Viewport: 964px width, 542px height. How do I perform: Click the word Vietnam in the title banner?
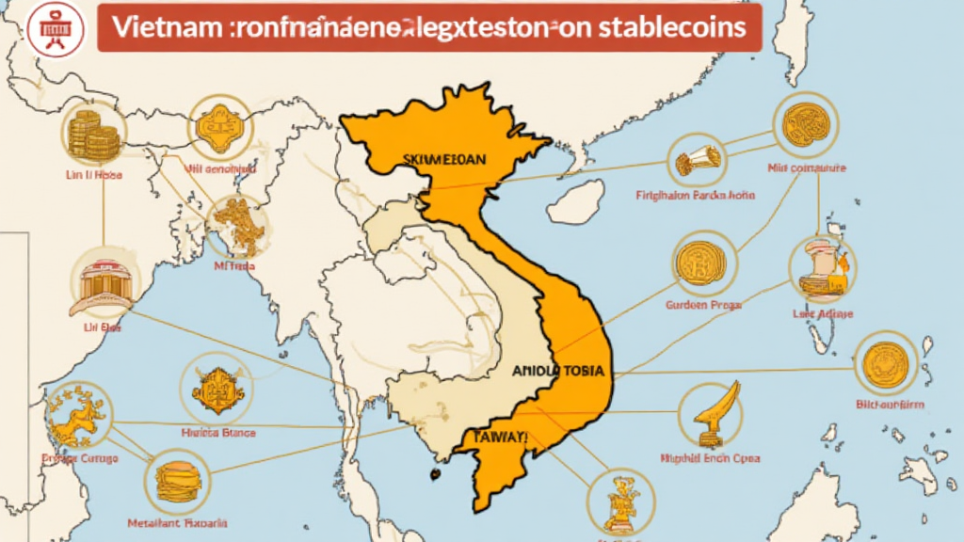click(154, 27)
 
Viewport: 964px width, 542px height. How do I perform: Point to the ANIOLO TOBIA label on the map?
click(562, 372)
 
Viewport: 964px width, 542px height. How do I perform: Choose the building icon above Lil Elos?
click(104, 282)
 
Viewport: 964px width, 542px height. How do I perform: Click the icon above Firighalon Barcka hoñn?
click(697, 160)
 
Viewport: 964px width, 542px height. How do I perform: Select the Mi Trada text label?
click(235, 265)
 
